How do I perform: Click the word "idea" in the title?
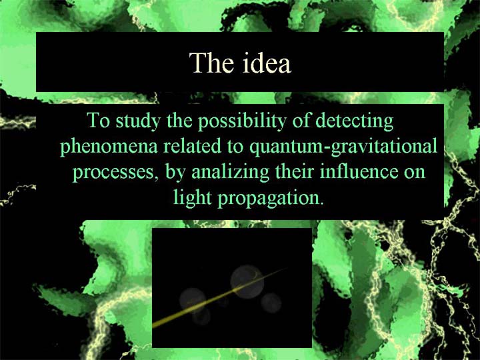267,63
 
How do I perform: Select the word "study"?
138,122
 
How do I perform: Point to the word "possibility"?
241,122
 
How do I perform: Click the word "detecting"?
354,122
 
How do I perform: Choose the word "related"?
192,146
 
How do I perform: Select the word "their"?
295,172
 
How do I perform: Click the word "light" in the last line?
193,199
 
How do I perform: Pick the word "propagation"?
271,199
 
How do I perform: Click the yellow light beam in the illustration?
220,297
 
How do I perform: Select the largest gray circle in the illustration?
247,281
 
